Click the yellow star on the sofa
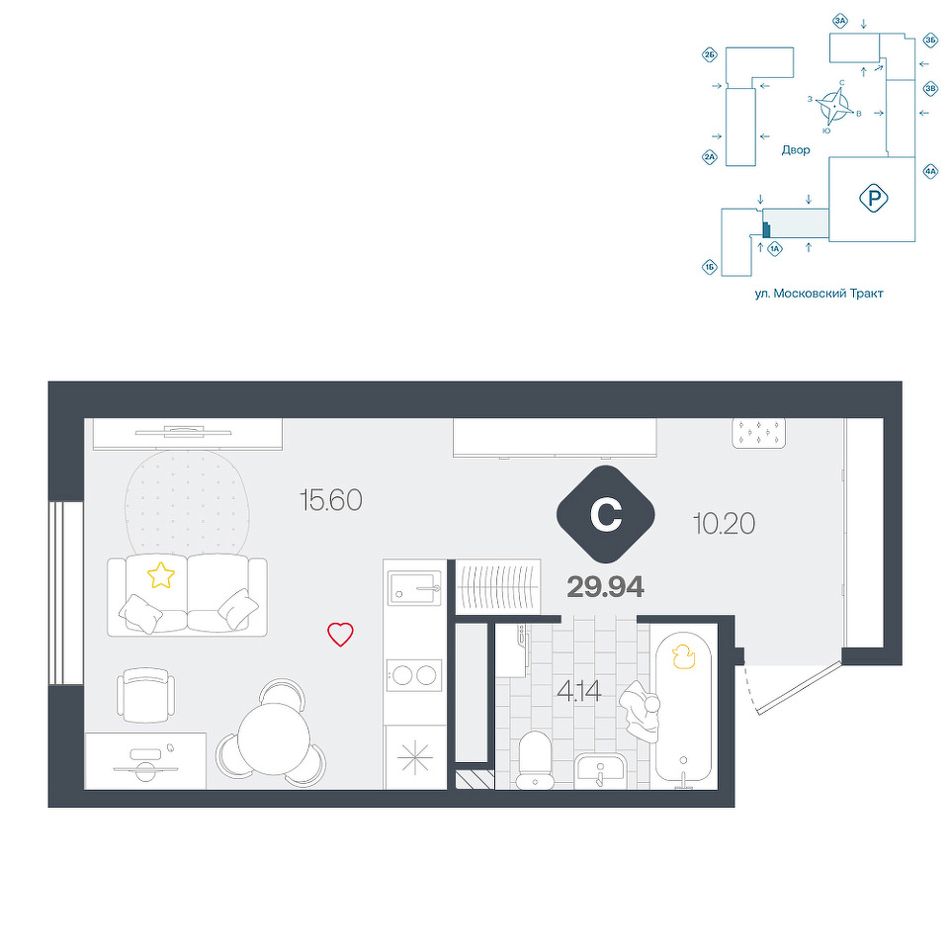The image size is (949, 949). click(161, 575)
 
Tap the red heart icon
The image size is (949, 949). click(340, 635)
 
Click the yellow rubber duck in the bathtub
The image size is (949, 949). click(683, 656)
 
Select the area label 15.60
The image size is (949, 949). click(331, 500)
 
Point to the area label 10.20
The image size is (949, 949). click(724, 524)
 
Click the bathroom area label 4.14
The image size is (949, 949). click(579, 691)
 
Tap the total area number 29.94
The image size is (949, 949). click(605, 587)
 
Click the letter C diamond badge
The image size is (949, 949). click(606, 514)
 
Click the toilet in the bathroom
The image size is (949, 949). click(535, 759)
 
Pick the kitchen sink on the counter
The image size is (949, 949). click(416, 587)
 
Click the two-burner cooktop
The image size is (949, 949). click(415, 675)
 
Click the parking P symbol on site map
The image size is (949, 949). click(873, 198)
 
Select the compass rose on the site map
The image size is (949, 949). click(833, 107)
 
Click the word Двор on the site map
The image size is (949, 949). click(795, 150)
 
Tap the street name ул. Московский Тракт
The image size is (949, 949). click(819, 295)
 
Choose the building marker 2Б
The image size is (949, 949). click(710, 55)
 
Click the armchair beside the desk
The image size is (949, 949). click(145, 695)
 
